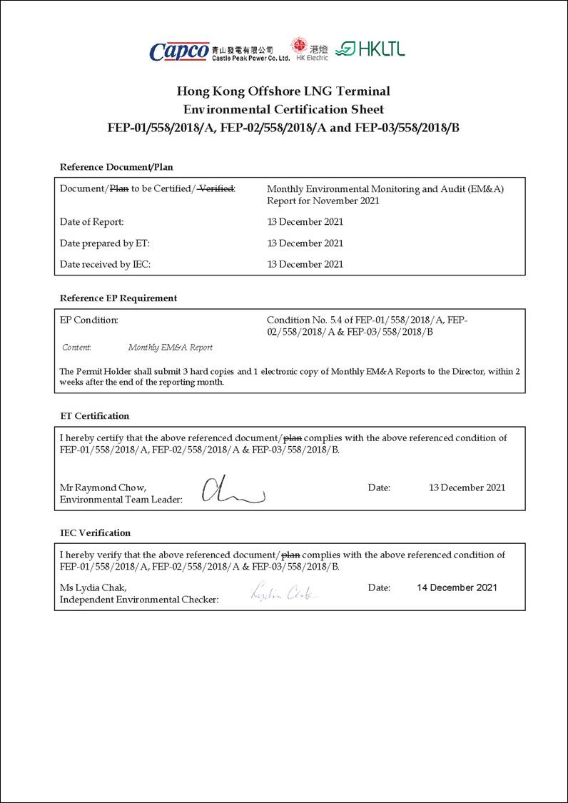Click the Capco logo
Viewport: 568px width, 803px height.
[x=179, y=51]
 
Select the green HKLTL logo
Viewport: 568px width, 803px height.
[x=370, y=49]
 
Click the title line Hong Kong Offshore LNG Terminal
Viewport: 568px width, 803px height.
[x=283, y=91]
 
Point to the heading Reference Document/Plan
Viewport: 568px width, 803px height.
[x=116, y=167]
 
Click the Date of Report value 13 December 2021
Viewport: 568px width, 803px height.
[x=305, y=222]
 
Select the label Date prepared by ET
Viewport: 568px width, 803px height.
[x=105, y=243]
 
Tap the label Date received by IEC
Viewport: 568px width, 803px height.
[x=105, y=264]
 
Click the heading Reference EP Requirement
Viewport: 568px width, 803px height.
[x=118, y=298]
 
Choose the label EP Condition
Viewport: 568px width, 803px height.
[x=89, y=320]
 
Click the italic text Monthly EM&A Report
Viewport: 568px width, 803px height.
[x=171, y=348]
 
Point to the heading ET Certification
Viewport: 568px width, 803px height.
[x=95, y=416]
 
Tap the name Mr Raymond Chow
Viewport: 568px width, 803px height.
[x=103, y=488]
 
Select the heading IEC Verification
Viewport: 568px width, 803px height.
[x=96, y=532]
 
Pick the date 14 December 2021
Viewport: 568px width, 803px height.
[x=457, y=587]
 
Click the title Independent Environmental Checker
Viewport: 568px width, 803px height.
[x=139, y=600]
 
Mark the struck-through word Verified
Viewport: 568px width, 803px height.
[x=216, y=188]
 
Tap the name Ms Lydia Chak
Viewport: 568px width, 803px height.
[x=93, y=587]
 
